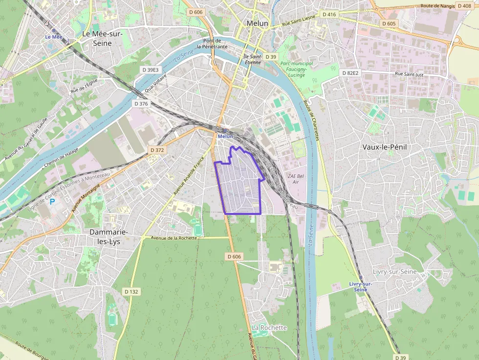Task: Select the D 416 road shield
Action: coord(329,15)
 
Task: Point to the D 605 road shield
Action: coord(389,23)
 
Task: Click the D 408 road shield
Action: coord(464,6)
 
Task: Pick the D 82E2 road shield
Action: coord(350,73)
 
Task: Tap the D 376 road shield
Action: coord(141,104)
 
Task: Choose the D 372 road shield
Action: coord(157,150)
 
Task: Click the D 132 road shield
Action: coord(131,292)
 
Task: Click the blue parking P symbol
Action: coord(52,201)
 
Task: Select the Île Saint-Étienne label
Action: coord(253,60)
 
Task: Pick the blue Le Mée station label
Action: coord(54,37)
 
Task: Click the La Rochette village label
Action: coord(269,327)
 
